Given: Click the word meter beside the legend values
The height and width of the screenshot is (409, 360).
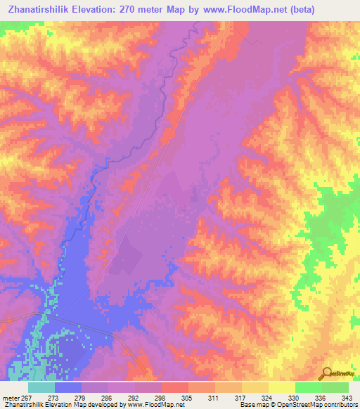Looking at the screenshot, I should click(x=10, y=397).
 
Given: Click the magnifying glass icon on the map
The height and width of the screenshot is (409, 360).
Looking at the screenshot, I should click(x=326, y=373).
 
